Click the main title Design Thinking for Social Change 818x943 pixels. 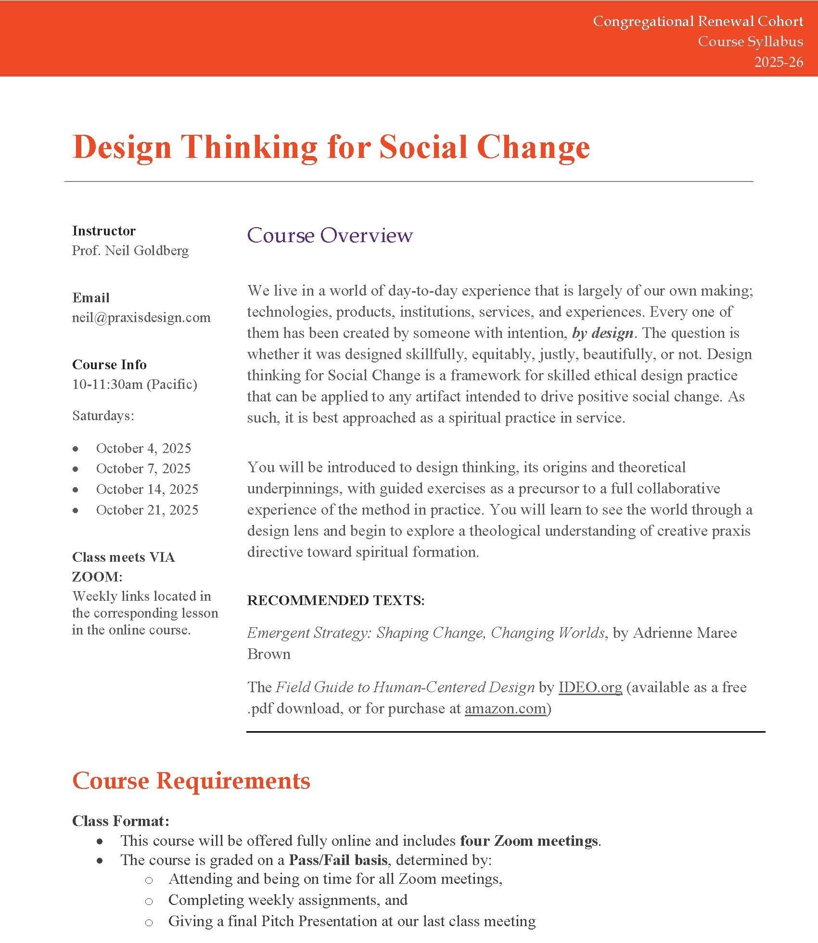tap(331, 147)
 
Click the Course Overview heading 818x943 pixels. tap(330, 235)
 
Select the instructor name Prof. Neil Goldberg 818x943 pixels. tap(130, 250)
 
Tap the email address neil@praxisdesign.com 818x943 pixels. tap(141, 317)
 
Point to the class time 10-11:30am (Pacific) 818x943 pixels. tap(135, 384)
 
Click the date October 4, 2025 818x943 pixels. tap(143, 448)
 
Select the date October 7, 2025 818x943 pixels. tap(143, 468)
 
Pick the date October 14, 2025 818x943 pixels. tap(147, 489)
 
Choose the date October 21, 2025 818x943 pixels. tap(147, 510)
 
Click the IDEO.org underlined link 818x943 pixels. tap(590, 687)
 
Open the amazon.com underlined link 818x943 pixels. tap(505, 709)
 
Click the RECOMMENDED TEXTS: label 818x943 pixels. tap(336, 600)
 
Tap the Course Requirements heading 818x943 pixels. tap(191, 781)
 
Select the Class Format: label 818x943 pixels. tap(121, 821)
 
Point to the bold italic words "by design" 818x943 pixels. tap(602, 333)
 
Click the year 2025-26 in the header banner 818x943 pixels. tap(779, 62)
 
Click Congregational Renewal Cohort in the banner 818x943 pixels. tap(698, 21)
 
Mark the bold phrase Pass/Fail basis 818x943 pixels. tap(338, 860)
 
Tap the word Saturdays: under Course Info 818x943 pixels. tap(103, 415)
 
